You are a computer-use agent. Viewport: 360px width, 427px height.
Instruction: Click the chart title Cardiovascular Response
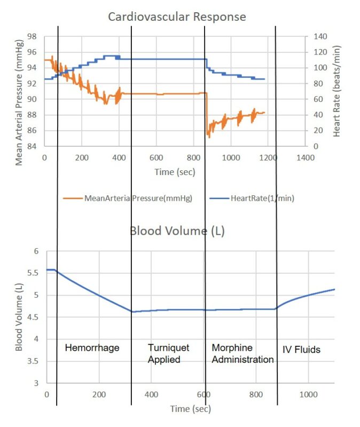click(x=177, y=17)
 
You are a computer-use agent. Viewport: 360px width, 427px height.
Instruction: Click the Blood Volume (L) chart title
click(x=177, y=231)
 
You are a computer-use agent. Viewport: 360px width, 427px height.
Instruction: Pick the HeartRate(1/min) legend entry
click(x=262, y=198)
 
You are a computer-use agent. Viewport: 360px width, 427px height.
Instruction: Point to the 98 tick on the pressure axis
click(x=32, y=37)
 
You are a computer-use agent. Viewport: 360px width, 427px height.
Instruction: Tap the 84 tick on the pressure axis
click(x=32, y=146)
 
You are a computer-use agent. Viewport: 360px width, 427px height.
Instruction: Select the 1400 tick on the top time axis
click(x=305, y=158)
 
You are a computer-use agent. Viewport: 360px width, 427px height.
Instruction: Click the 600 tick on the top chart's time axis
click(x=156, y=158)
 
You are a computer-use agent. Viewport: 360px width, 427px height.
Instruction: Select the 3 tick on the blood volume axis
click(x=37, y=383)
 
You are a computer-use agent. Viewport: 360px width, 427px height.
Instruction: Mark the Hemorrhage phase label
click(x=92, y=348)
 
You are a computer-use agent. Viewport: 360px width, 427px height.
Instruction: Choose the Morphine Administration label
click(x=242, y=354)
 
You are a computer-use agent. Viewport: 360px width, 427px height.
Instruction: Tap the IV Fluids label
click(x=301, y=350)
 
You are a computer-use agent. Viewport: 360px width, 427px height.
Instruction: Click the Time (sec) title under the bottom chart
click(x=191, y=409)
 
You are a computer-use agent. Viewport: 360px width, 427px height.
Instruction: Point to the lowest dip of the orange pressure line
click(x=209, y=137)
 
